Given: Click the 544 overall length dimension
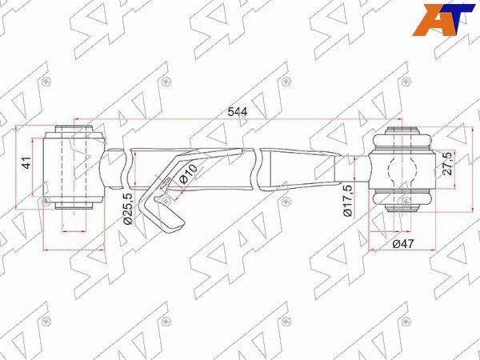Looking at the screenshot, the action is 238,112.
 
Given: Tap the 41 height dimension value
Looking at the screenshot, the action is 27,162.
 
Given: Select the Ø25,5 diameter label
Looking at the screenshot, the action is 128,209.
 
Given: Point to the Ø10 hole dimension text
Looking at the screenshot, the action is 188,174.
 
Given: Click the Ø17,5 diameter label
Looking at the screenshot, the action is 348,201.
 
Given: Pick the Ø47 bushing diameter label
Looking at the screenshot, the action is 403,244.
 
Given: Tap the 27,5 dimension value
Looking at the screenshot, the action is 448,163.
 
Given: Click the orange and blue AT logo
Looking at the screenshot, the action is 443,19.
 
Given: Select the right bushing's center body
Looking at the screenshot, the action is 402,170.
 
